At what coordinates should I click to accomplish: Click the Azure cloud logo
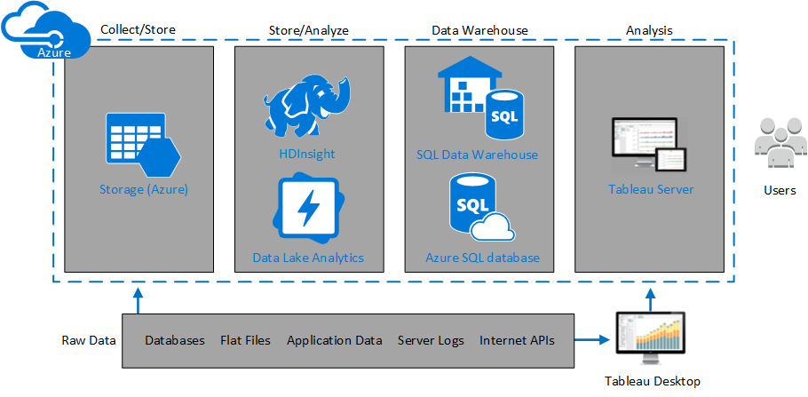click(x=42, y=35)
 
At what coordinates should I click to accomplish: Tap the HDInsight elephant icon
click(x=307, y=106)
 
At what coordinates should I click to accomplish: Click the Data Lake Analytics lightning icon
click(x=308, y=207)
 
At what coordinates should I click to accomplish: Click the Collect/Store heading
click(x=138, y=29)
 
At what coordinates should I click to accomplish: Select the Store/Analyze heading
click(x=308, y=30)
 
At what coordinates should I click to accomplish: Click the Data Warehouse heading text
click(x=479, y=30)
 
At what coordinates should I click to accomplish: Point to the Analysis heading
click(x=648, y=30)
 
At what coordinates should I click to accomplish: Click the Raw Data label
click(x=89, y=340)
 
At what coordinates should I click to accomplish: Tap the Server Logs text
click(x=431, y=340)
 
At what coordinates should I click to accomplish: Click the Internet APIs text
click(x=517, y=340)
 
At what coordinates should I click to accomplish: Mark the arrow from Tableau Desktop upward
click(x=652, y=298)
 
